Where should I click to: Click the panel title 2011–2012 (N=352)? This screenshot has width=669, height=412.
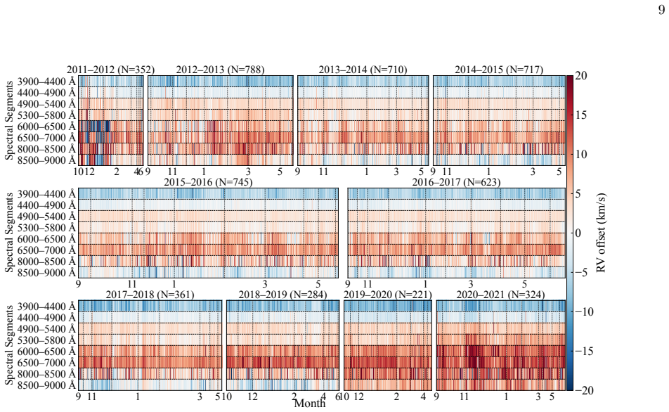(110, 70)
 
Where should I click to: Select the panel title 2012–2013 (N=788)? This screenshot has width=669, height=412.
(220, 70)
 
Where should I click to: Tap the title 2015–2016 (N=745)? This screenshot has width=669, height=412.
(208, 182)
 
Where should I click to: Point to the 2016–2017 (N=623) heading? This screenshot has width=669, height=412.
(456, 182)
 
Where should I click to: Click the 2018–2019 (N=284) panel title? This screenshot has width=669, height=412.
(283, 295)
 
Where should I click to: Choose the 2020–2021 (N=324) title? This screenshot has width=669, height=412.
(500, 295)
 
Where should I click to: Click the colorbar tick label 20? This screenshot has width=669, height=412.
(581, 76)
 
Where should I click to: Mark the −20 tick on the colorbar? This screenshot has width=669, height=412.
(581, 390)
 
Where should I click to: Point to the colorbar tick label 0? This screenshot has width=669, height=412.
(578, 233)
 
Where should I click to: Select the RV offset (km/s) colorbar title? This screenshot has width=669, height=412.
(601, 233)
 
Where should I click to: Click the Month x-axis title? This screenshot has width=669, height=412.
(310, 403)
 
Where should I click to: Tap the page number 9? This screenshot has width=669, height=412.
(661, 10)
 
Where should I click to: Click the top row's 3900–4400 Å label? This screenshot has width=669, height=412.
(46, 82)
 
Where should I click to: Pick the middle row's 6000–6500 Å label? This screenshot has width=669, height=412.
(46, 239)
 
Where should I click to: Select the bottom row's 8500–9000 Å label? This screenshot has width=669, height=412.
(46, 385)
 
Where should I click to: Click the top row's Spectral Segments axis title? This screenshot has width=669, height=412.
(9, 120)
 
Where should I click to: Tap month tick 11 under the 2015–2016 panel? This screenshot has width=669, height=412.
(132, 284)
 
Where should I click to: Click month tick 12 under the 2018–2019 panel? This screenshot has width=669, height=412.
(252, 397)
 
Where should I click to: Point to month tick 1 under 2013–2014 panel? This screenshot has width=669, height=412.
(367, 172)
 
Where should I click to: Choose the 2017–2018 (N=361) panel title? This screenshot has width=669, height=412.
(150, 295)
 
